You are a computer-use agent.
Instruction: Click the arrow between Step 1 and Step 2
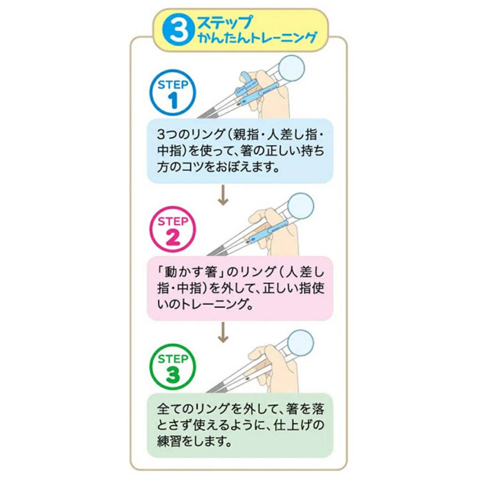point(223,195)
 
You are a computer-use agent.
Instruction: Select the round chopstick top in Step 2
point(301,206)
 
